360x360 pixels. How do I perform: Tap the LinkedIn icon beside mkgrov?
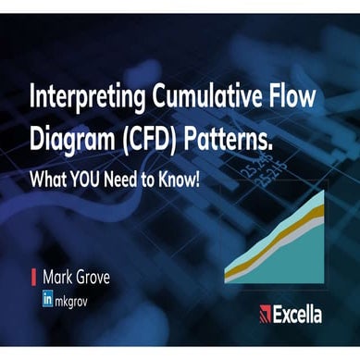[46, 299]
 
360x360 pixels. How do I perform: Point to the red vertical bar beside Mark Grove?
[33, 275]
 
